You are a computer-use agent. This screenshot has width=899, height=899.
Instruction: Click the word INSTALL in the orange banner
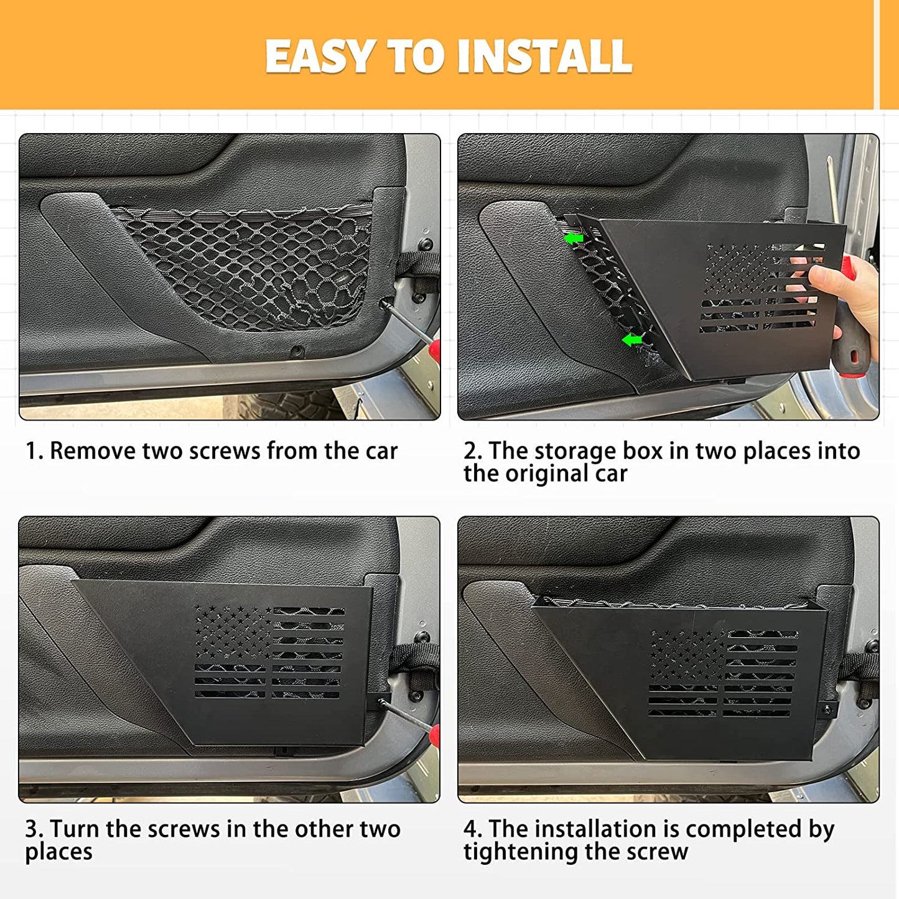[x=545, y=57]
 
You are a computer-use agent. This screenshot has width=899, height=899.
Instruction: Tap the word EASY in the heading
[x=318, y=57]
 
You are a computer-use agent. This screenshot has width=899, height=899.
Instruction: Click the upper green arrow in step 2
[x=574, y=238]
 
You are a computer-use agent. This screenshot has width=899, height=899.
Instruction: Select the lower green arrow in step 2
[x=632, y=340]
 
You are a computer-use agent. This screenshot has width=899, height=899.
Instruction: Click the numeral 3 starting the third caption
[x=32, y=829]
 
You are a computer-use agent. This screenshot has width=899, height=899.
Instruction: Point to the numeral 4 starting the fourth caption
[x=470, y=829]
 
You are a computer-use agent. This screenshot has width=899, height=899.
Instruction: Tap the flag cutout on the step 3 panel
[x=269, y=652]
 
